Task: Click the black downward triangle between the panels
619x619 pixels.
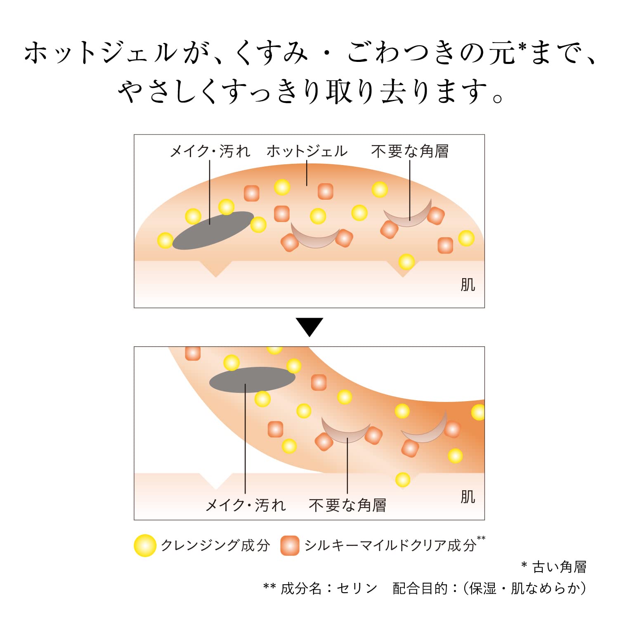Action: click(x=309, y=326)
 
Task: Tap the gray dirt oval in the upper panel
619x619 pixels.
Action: click(x=213, y=230)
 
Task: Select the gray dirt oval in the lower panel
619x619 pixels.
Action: click(x=252, y=379)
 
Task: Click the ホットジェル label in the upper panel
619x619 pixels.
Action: click(x=307, y=151)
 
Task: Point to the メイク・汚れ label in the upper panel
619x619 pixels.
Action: click(x=210, y=151)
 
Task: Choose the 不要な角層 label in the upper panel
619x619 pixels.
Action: click(x=409, y=151)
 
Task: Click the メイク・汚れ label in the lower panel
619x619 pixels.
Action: click(x=246, y=505)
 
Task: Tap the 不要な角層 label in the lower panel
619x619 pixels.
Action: click(x=347, y=505)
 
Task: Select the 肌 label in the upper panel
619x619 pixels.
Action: click(x=468, y=285)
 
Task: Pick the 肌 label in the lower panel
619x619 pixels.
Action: click(x=468, y=497)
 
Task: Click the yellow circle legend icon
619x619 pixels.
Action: click(x=145, y=545)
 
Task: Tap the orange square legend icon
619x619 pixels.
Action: click(x=290, y=545)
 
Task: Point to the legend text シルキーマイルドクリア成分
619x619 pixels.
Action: click(x=390, y=545)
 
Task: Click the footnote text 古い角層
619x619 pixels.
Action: click(x=559, y=567)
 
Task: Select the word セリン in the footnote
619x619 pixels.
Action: click(x=357, y=588)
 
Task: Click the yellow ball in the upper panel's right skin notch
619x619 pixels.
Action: click(x=406, y=262)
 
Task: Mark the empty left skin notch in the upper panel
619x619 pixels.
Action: click(x=215, y=268)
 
